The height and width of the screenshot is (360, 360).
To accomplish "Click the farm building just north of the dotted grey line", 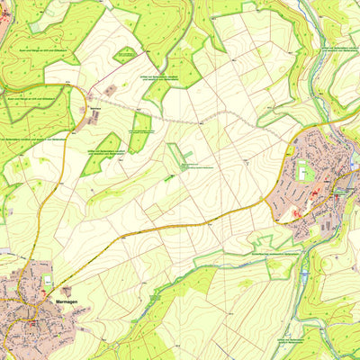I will tap(112, 90).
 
